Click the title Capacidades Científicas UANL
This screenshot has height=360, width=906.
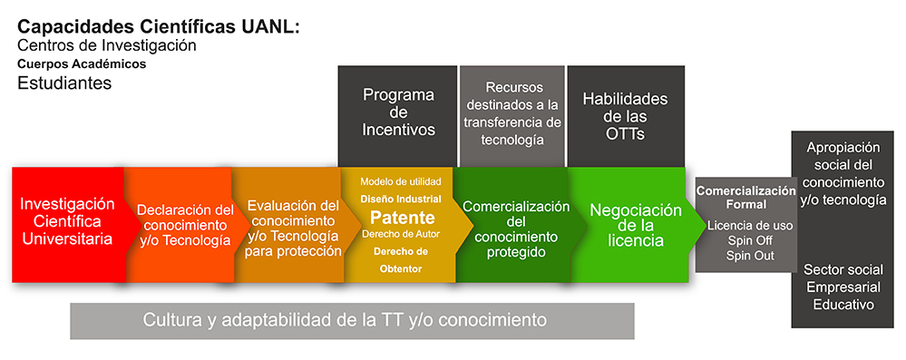pos(159,26)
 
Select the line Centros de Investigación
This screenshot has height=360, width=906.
pos(107,45)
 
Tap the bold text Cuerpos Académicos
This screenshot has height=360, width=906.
pos(82,64)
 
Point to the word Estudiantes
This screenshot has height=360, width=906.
pos(64,83)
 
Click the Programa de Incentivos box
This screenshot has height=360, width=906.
pos(397,116)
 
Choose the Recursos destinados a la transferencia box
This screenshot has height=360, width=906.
pos(511,116)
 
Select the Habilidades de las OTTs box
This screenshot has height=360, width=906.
pos(626,116)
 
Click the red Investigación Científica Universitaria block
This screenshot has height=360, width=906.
pos(68,225)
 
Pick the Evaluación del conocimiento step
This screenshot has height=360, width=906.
pos(292,225)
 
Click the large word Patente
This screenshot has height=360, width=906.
pos(402,218)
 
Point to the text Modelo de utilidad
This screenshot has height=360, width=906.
pos(401,181)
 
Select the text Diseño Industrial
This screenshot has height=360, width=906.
pos(401,199)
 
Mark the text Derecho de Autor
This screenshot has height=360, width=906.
pos(401,234)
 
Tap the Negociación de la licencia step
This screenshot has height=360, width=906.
pos(633,225)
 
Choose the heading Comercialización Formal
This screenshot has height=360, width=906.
pos(746,198)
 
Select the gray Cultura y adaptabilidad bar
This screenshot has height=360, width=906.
pos(353,321)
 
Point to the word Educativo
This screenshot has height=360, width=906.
pos(843,305)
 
